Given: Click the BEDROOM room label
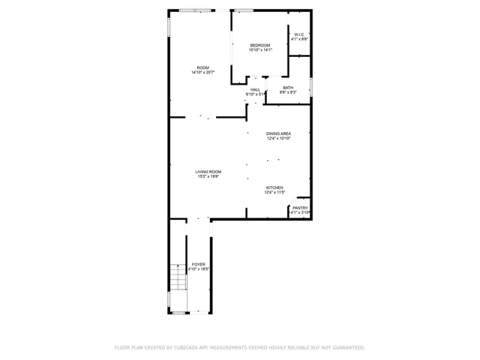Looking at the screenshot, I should [260, 45].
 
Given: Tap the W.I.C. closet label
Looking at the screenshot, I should [299, 34].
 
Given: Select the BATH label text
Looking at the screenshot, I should [288, 88].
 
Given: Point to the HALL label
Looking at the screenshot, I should [256, 89].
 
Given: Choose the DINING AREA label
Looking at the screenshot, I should [278, 133].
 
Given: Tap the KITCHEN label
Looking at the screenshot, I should [274, 187].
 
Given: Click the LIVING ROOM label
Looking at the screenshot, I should [208, 172].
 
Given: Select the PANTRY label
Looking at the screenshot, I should [300, 208].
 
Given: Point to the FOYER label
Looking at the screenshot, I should [198, 264].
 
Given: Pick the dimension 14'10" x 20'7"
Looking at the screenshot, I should [202, 73].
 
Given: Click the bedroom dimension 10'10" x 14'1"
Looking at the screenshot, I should [260, 49].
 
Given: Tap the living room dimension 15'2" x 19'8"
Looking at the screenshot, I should [208, 177].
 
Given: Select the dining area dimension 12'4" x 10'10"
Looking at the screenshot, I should [278, 139].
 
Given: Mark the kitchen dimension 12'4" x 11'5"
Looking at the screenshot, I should [274, 193].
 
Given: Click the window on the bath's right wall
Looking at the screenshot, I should [310, 86].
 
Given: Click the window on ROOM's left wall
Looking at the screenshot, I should [169, 25].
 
